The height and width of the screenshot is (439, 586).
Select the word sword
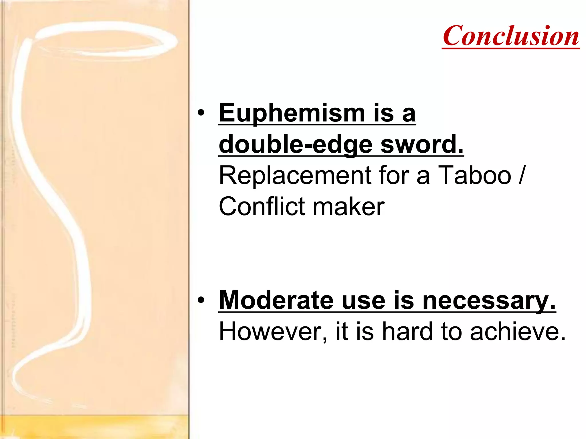421,145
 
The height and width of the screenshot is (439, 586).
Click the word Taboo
474,175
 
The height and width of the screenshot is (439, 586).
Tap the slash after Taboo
521,175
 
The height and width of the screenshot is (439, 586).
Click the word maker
349,206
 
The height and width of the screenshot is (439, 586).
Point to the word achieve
517,332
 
